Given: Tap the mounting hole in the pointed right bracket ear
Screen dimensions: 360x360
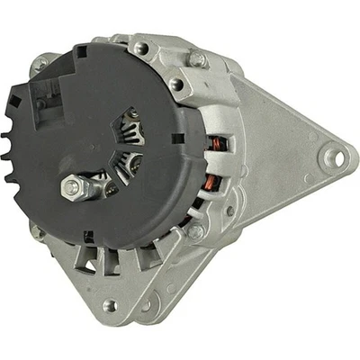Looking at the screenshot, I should click(335, 158).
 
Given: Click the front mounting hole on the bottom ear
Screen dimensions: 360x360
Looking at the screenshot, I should click(110, 305).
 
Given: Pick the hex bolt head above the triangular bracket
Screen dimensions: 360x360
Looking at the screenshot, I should click(196, 60).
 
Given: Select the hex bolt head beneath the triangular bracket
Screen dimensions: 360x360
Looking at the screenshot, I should click(195, 231).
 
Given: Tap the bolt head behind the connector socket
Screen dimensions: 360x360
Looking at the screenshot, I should click(41, 65).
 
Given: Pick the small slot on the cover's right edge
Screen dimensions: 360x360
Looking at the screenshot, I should click(177, 137).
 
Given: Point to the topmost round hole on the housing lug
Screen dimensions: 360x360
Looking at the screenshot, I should click(140, 47).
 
